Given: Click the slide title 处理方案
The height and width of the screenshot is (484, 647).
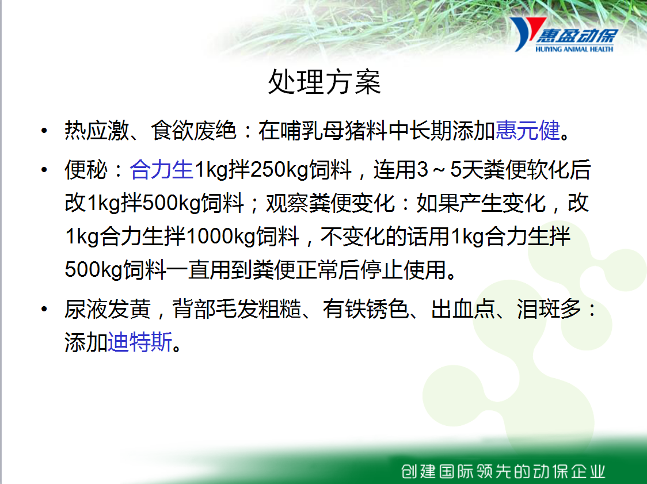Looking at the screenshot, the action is point(324,82).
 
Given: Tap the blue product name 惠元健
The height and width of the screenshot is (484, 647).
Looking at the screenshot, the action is point(527,131).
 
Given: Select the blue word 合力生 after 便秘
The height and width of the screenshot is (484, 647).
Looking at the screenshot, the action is point(161,170).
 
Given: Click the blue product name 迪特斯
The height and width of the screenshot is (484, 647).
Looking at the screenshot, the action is point(139,342).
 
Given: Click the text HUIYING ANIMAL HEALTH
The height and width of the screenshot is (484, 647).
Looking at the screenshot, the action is point(574,49).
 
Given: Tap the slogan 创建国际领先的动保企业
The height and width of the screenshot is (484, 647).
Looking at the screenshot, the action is point(503,471).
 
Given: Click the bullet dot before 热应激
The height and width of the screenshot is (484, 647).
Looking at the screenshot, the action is point(44,131).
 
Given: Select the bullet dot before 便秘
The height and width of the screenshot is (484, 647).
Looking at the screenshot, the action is point(44,170).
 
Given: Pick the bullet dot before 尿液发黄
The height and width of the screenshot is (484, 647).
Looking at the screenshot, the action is point(44,310).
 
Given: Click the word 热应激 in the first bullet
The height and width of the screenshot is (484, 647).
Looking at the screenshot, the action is point(97,131).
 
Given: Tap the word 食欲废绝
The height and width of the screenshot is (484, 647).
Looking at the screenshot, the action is point(193,131).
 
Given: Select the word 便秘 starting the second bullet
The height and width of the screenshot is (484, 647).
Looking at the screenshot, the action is point(86,170).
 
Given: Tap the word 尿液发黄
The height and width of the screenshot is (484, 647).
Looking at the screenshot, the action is point(107,309).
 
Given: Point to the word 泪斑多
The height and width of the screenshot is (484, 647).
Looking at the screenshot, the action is point(549,309).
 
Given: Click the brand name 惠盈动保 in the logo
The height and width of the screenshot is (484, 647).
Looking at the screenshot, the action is point(577,36).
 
